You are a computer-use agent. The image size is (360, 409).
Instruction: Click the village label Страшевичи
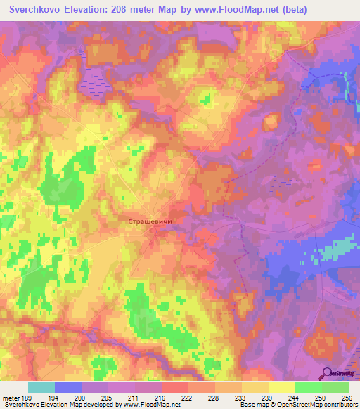pos(150,221)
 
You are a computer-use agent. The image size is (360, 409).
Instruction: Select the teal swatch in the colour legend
pos(41,387)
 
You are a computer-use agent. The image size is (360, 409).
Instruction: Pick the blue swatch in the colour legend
pos(68,387)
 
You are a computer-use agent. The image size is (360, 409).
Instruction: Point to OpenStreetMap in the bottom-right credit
pos(292,405)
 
